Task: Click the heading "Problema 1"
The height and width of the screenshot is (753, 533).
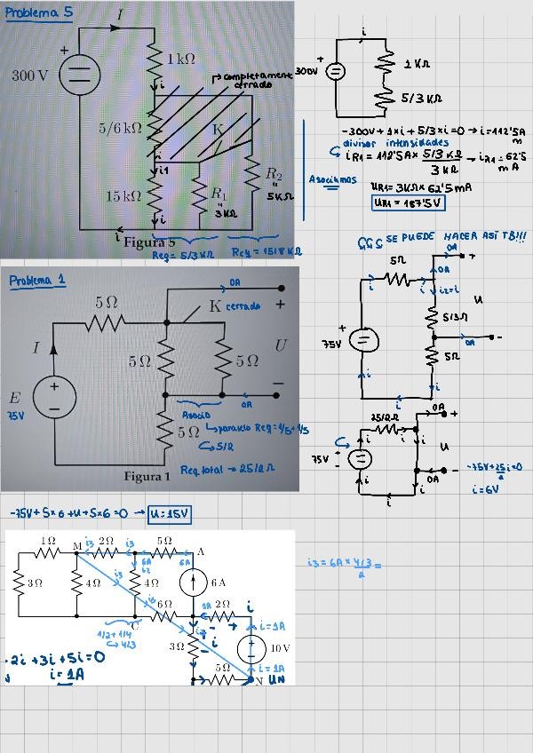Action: [x=36, y=281]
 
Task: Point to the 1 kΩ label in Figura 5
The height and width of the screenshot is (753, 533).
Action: [x=181, y=59]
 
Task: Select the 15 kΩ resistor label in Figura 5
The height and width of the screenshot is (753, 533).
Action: [x=123, y=195]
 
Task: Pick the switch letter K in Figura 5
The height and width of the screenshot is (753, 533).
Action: [x=219, y=130]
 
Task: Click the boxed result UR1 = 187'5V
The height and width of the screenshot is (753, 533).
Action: [x=408, y=202]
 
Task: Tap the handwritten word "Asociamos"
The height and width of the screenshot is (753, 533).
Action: [x=332, y=179]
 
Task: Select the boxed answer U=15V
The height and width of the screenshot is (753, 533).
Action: [x=170, y=513]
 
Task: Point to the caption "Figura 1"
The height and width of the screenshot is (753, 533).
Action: [x=147, y=477]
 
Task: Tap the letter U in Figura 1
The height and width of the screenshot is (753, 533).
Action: [x=281, y=345]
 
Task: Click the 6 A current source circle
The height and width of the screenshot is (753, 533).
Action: [x=193, y=583]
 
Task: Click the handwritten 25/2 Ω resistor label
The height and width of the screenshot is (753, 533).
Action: [x=384, y=416]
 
